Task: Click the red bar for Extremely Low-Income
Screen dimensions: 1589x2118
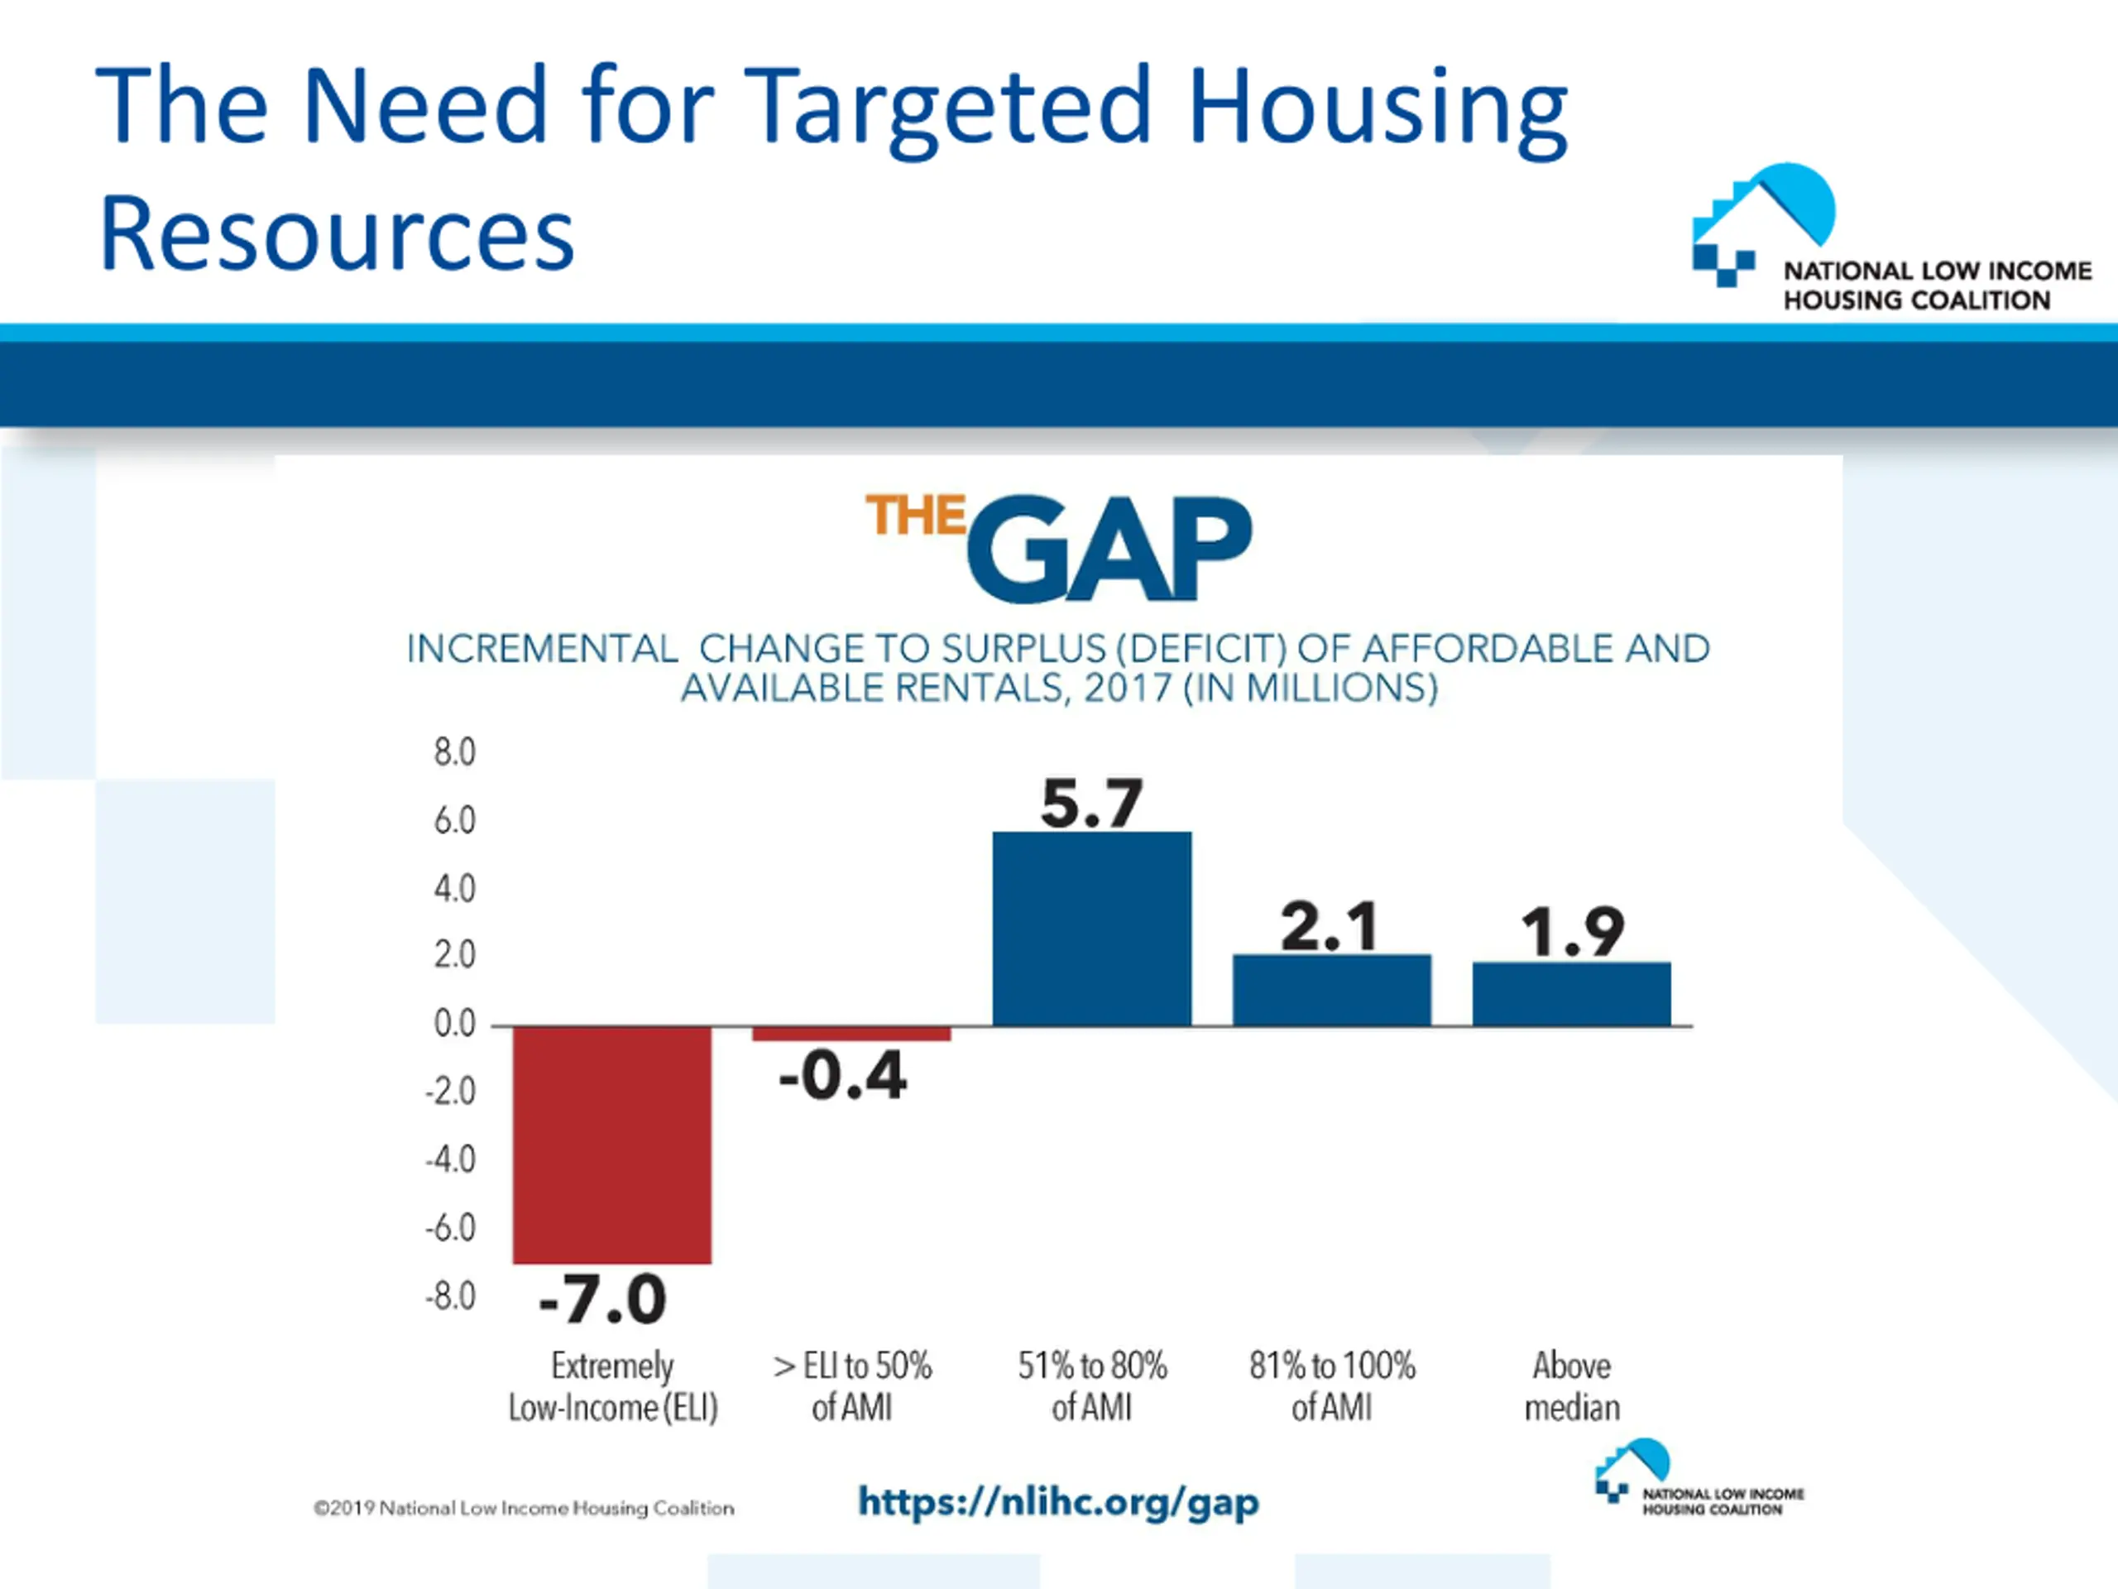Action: click(x=612, y=1145)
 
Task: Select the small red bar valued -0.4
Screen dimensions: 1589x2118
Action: click(x=851, y=1034)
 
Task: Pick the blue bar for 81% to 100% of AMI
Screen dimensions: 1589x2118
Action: click(x=1331, y=990)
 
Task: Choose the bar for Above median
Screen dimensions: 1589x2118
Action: click(x=1571, y=993)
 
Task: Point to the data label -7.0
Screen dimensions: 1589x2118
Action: click(x=602, y=1299)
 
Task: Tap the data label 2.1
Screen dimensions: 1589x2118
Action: click(x=1330, y=926)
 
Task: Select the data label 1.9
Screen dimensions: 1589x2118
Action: click(x=1572, y=931)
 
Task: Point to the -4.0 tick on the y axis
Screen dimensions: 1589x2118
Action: click(x=450, y=1160)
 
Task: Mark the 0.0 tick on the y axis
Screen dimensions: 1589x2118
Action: click(x=454, y=1024)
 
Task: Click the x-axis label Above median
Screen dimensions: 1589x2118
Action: click(x=1571, y=1386)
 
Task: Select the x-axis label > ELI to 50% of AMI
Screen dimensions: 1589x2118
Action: click(x=852, y=1386)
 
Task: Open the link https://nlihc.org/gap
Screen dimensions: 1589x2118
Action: click(x=1058, y=1502)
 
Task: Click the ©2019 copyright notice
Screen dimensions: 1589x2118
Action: click(x=524, y=1508)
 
